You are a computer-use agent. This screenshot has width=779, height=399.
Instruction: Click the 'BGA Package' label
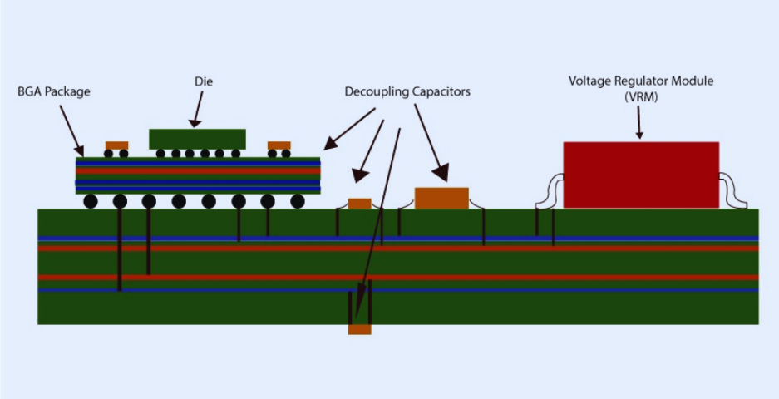tap(53, 91)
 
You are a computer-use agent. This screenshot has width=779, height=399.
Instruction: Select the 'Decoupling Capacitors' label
tap(407, 91)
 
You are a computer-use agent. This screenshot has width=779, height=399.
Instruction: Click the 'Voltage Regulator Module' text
tap(641, 81)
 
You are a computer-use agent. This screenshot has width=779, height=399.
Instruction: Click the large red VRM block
tap(641, 175)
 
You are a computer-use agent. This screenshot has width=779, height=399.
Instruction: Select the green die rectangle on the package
tap(197, 139)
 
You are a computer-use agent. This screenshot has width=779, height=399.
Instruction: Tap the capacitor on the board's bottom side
tap(359, 329)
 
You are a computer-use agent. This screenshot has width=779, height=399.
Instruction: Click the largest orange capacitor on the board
tap(441, 198)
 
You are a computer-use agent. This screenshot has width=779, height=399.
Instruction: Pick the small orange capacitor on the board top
tap(359, 204)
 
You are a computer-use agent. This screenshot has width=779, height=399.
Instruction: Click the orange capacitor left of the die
tap(116, 145)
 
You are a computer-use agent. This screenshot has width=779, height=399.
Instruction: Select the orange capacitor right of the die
tap(279, 145)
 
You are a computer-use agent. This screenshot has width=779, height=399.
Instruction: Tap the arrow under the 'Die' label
tap(198, 111)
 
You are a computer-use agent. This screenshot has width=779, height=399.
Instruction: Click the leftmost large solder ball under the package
tap(91, 201)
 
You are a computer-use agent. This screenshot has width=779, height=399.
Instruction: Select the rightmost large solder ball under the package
tap(297, 201)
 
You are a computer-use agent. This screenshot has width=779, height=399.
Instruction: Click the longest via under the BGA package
tap(120, 249)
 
